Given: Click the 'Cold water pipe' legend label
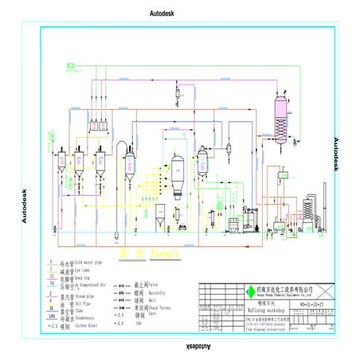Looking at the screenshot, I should coord(87,262).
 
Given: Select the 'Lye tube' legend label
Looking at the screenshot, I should coord(84,271).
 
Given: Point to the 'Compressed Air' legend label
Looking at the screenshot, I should coord(89,286).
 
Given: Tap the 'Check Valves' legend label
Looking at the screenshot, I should coord(160,309).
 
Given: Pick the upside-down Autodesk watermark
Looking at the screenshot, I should coord(179,348).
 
